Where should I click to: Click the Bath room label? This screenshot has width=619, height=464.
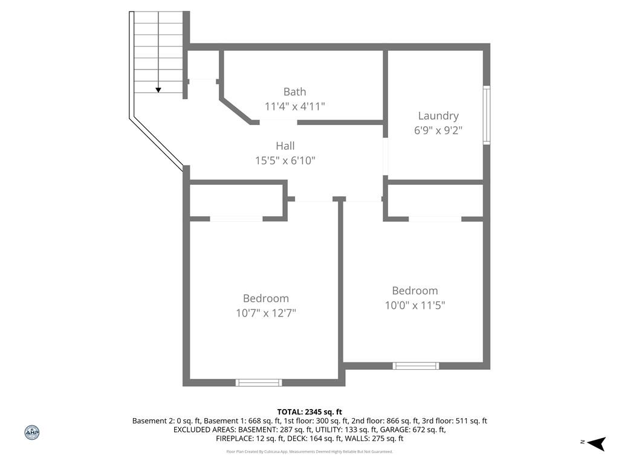(294, 92)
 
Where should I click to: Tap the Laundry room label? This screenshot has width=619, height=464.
(438, 116)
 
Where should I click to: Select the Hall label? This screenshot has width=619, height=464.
(285, 146)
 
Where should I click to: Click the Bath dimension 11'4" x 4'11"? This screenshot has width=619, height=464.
(294, 106)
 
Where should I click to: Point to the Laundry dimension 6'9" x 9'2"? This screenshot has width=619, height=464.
(438, 130)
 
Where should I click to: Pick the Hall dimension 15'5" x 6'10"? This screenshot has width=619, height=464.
(285, 161)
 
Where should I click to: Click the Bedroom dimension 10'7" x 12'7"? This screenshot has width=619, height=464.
(266, 314)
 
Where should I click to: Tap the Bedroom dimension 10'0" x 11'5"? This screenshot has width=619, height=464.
(415, 305)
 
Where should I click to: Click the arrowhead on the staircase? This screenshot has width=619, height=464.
(158, 90)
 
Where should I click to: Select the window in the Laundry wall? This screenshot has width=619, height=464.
(487, 115)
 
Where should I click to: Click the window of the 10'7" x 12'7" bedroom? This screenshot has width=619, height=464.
(259, 382)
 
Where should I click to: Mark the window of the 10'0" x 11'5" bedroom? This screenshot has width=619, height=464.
(415, 366)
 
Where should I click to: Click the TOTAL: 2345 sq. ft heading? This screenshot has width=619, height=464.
(309, 412)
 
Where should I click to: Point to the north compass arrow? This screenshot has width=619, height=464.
(596, 443)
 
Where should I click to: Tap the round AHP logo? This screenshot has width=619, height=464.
(32, 433)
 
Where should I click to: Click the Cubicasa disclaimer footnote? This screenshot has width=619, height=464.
(309, 451)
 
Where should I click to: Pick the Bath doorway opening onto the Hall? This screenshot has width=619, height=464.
(278, 122)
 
